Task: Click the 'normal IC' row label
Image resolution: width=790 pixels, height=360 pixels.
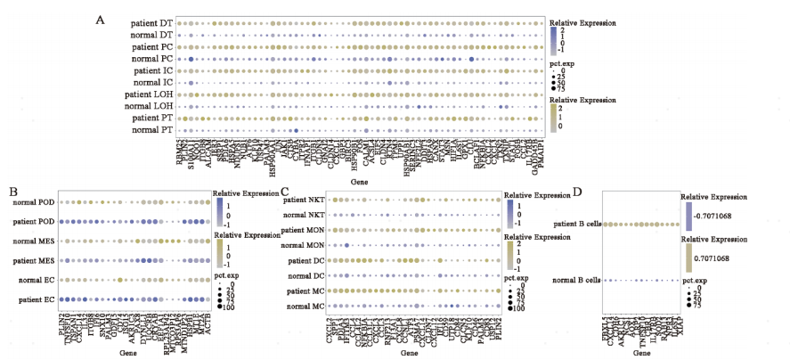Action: (x=154, y=82)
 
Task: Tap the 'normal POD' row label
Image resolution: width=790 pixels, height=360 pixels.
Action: (x=34, y=203)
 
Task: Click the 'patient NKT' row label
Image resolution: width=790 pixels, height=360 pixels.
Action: (x=300, y=201)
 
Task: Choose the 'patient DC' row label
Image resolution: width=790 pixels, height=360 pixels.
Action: (x=303, y=261)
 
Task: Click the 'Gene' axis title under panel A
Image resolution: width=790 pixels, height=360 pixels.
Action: (x=360, y=181)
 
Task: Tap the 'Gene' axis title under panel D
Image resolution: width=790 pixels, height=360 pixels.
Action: (x=640, y=353)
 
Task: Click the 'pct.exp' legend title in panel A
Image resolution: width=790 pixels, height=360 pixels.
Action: (x=561, y=64)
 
